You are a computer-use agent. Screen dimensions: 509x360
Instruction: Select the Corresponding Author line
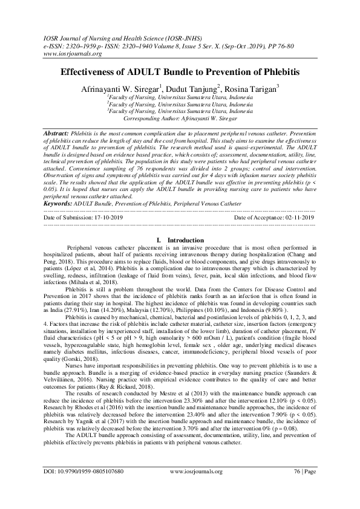180,119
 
